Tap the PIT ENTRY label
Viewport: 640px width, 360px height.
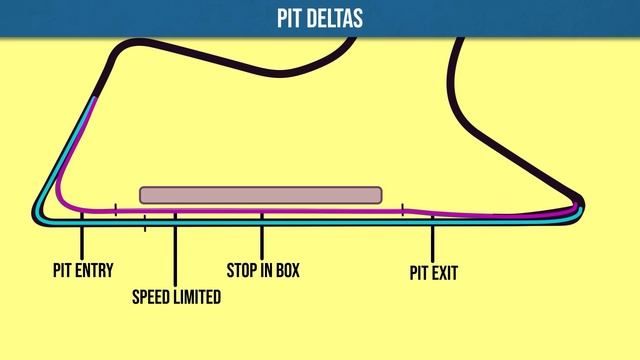(x=83, y=270)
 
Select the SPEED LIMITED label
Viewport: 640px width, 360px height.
(x=177, y=297)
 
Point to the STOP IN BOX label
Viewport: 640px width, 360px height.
(x=263, y=270)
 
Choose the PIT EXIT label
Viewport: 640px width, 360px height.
(x=433, y=271)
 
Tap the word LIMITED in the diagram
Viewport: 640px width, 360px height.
(x=198, y=297)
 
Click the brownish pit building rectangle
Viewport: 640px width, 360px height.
(x=260, y=195)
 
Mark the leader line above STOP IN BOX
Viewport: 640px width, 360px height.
(x=262, y=240)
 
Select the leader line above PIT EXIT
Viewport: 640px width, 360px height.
(x=433, y=241)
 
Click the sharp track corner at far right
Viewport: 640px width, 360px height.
(x=581, y=204)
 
